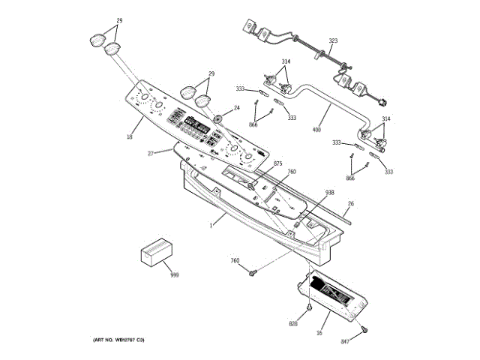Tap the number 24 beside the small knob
click(x=236, y=108)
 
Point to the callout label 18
click(x=129, y=137)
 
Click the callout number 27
click(x=150, y=153)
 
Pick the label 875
click(x=277, y=163)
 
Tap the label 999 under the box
click(x=174, y=275)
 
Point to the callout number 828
click(x=293, y=324)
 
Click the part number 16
click(x=319, y=332)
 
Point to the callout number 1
click(x=212, y=223)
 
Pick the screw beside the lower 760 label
click(x=255, y=271)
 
